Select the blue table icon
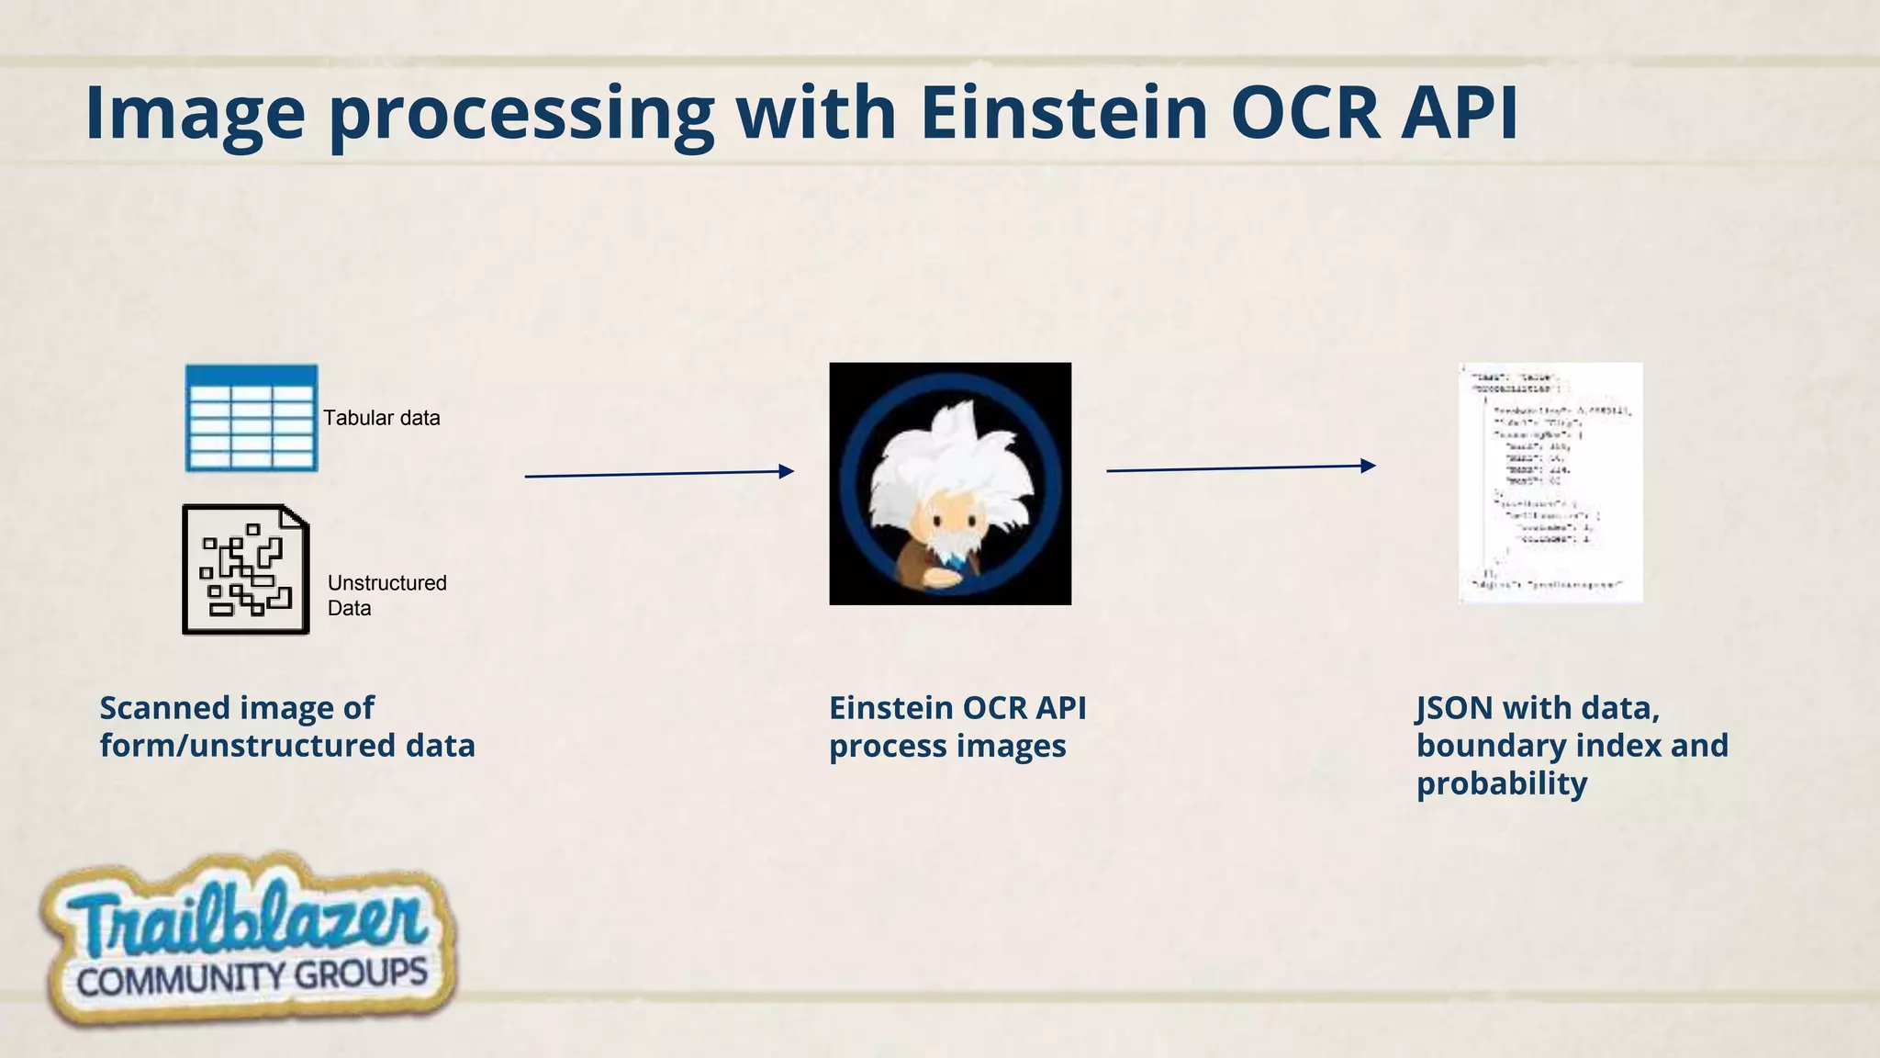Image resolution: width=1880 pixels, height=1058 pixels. coord(252,418)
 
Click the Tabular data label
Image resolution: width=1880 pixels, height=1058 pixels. coord(381,418)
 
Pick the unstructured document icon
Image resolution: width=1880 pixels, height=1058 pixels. coord(245,569)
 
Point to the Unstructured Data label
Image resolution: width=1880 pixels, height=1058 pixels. coord(386,595)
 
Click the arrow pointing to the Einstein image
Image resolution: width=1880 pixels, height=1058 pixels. coord(658,474)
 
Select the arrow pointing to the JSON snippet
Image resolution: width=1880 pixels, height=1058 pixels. coord(1240,468)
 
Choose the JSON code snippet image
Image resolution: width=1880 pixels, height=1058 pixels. coord(1550,483)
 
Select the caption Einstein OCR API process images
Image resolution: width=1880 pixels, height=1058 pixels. coord(957,726)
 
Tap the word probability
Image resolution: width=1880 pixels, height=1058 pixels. coord(1501,784)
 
